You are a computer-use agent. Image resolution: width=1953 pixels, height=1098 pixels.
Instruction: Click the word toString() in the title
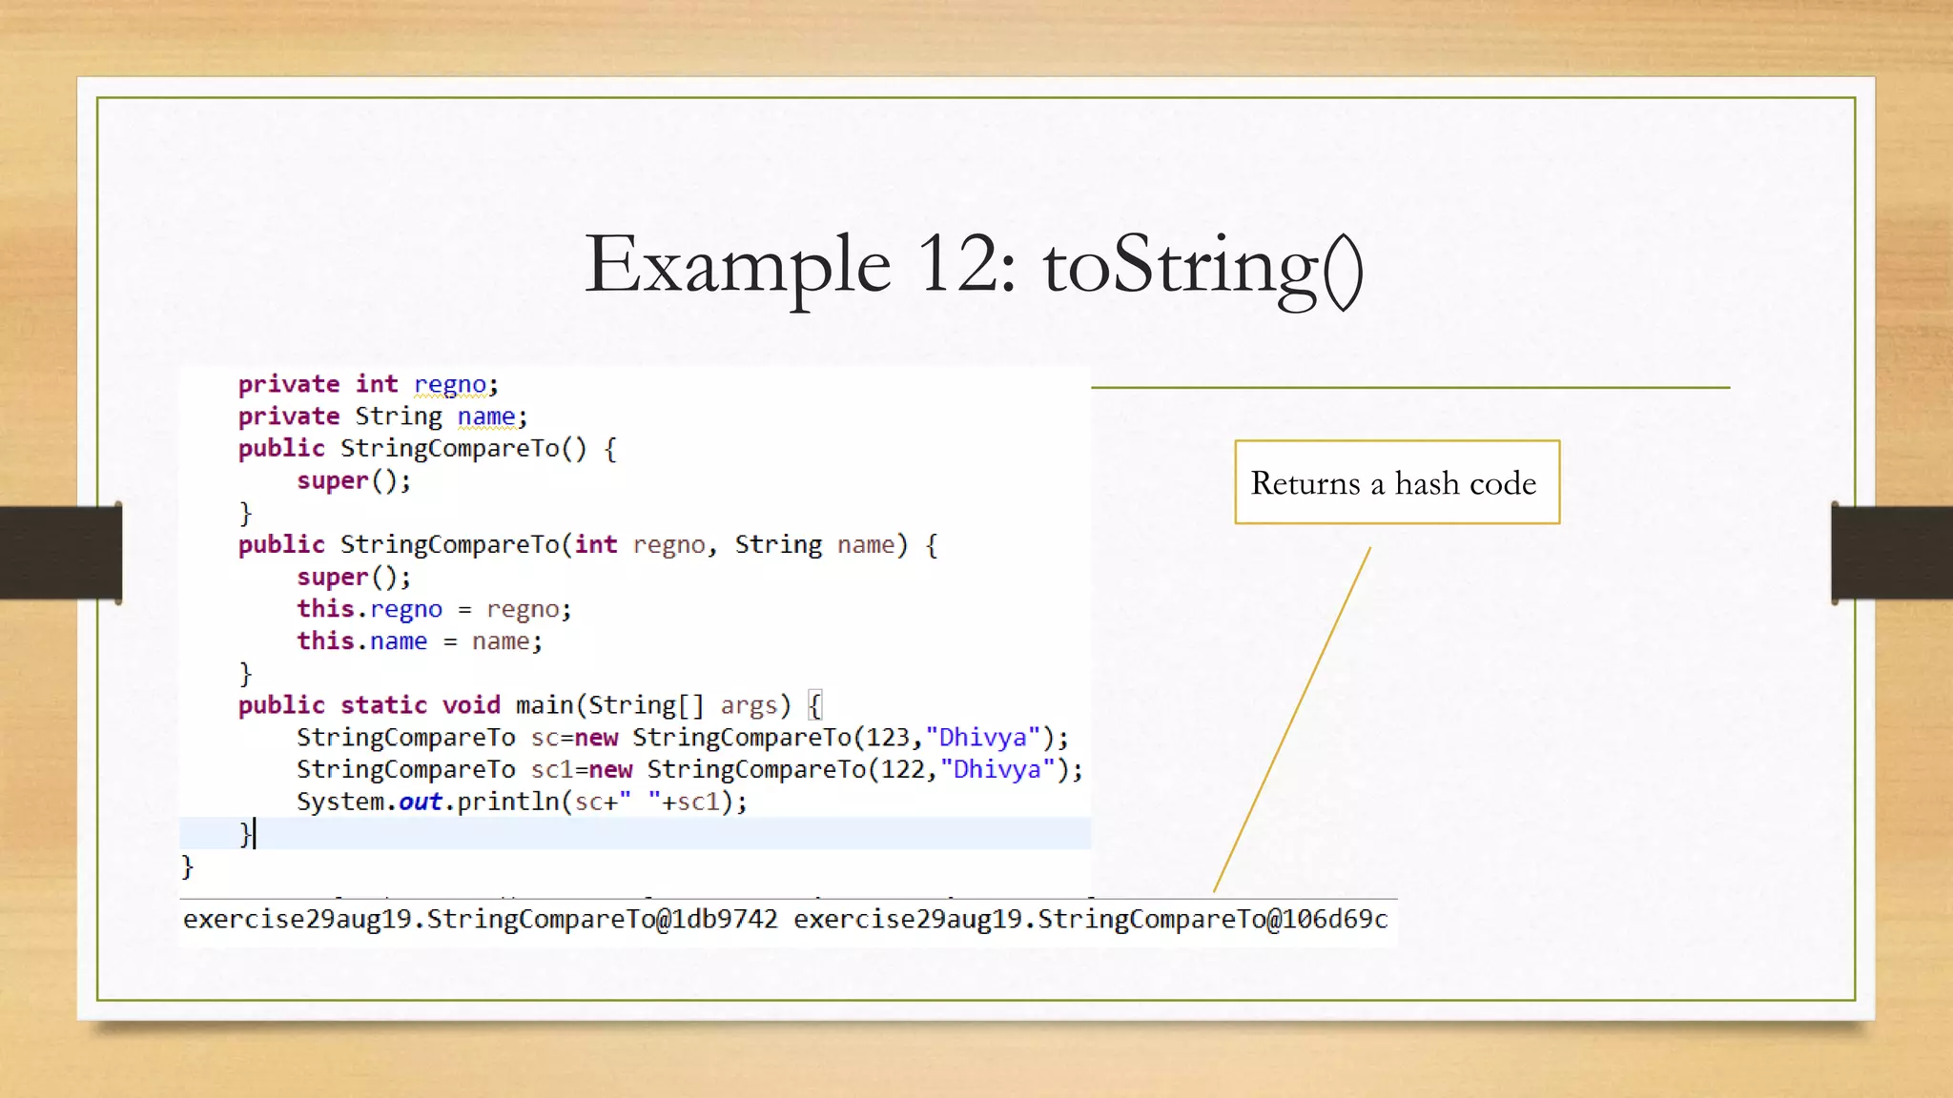pyautogui.click(x=1203, y=267)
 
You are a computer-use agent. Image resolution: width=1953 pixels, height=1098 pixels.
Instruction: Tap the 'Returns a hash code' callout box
pyautogui.click(x=1396, y=482)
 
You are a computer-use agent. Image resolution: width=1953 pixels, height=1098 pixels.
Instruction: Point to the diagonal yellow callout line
pyautogui.click(x=1292, y=720)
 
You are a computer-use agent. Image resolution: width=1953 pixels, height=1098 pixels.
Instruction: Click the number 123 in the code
pyautogui.click(x=888, y=738)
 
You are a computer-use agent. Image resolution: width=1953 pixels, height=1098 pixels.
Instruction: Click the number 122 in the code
pyautogui.click(x=902, y=769)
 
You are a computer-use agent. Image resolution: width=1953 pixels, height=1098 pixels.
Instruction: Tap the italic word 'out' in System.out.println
pyautogui.click(x=420, y=802)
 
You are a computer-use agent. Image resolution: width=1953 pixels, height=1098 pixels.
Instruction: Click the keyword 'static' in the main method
pyautogui.click(x=383, y=705)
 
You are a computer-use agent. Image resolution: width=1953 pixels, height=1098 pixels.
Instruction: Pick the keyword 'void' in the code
pyautogui.click(x=471, y=705)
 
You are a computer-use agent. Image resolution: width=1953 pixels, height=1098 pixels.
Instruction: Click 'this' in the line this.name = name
pyautogui.click(x=325, y=640)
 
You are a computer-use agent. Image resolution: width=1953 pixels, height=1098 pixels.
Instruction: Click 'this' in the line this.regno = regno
pyautogui.click(x=325, y=609)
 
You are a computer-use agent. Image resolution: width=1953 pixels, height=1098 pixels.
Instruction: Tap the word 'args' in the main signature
pyautogui.click(x=749, y=705)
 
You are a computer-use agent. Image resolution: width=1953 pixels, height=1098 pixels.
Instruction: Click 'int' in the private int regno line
pyautogui.click(x=377, y=384)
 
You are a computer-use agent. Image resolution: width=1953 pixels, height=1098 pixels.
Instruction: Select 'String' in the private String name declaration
pyautogui.click(x=399, y=417)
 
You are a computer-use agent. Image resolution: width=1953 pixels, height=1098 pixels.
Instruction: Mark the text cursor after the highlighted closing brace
pyautogui.click(x=256, y=834)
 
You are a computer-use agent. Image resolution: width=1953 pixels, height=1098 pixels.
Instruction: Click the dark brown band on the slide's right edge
pyautogui.click(x=1892, y=553)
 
